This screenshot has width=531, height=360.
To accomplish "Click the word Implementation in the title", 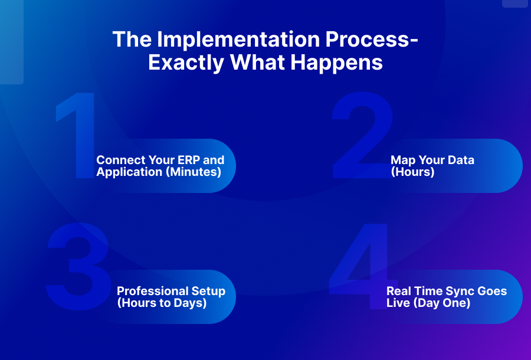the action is (x=238, y=40).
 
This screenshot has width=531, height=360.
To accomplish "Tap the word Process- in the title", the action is (x=372, y=39).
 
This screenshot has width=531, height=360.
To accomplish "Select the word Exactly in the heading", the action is (x=186, y=63).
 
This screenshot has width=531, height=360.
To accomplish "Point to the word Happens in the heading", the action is (x=336, y=63).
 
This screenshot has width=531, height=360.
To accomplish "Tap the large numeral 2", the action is (x=362, y=135).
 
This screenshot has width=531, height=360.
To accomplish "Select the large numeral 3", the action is (x=78, y=266).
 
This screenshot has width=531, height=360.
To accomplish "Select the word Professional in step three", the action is (x=152, y=291).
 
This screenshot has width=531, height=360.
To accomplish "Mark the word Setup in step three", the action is (x=208, y=292).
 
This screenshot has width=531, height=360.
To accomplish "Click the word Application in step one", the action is (x=129, y=172).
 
